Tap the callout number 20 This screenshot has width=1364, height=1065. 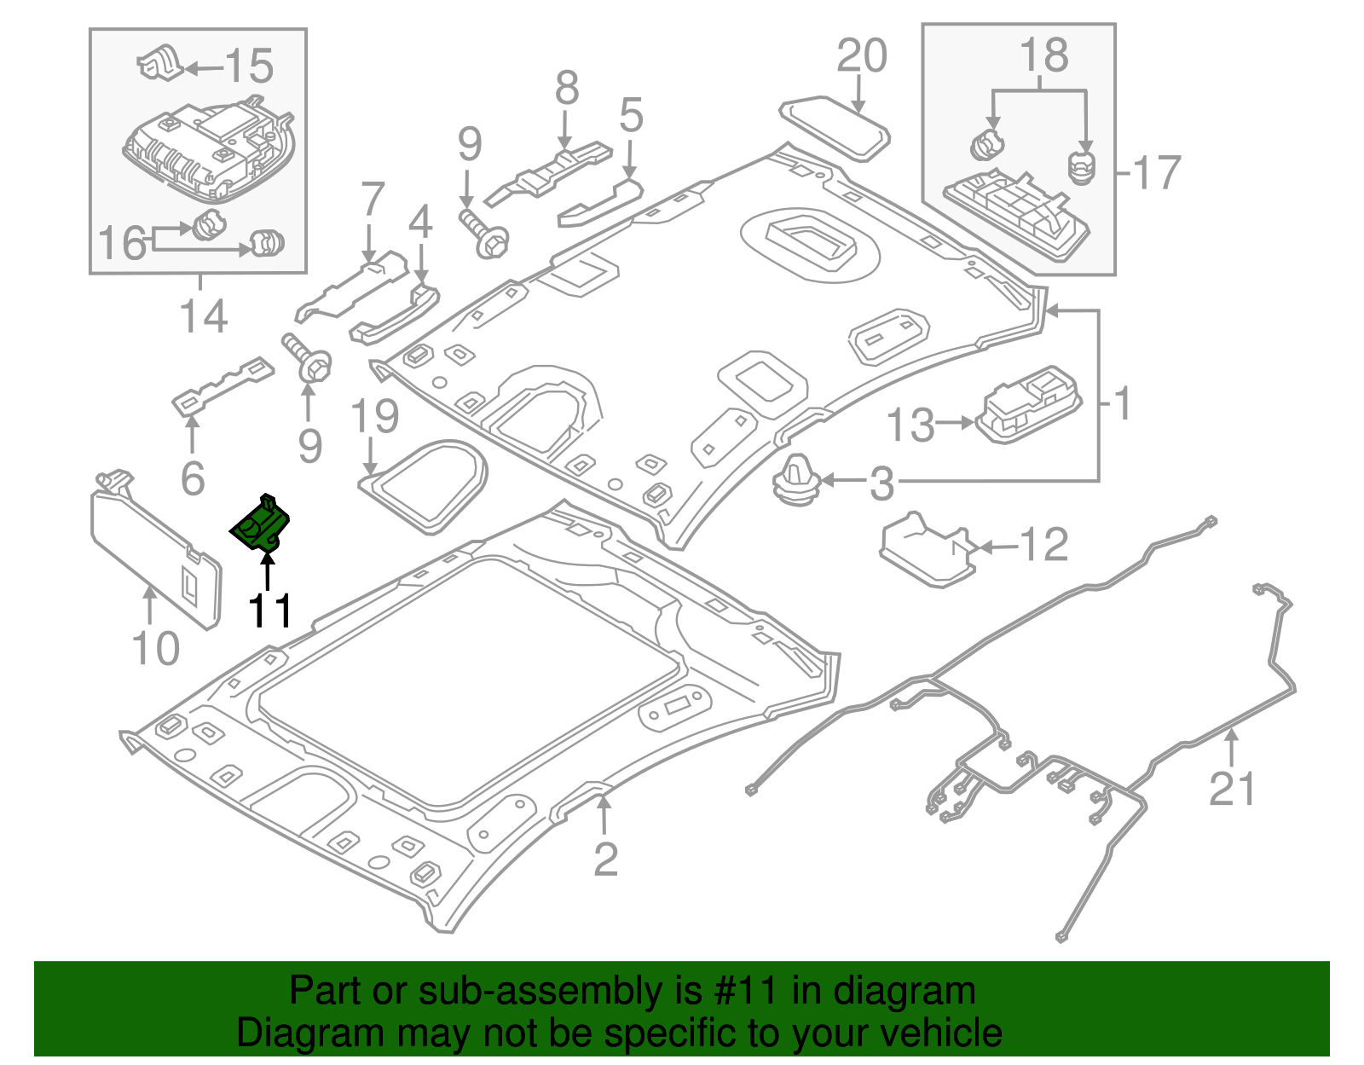coord(861,57)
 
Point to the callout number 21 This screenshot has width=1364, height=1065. coord(1233,789)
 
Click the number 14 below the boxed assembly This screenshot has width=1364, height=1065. coord(204,316)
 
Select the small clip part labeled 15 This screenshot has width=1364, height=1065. coord(162,65)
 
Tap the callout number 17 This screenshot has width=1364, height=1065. coord(1156,173)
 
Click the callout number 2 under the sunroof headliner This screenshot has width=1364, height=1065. coord(604,859)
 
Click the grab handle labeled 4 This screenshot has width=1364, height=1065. coord(394,315)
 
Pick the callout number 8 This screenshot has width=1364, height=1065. coord(567,88)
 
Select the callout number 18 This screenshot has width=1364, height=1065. coord(1043,56)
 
